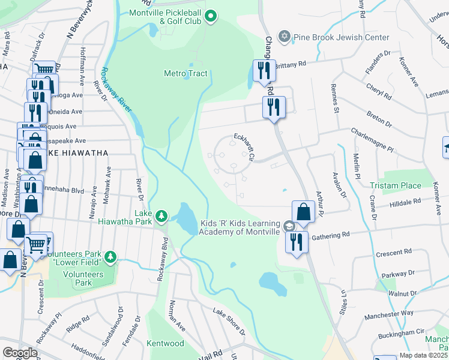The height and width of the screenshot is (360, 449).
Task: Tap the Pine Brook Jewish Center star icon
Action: [x=285, y=37]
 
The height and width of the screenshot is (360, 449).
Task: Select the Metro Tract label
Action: [x=185, y=73]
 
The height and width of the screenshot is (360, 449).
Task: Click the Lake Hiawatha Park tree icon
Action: [x=161, y=215]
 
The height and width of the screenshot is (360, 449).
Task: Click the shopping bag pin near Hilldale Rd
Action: [x=304, y=212]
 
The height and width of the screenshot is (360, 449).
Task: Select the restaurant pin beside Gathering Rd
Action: [x=297, y=242]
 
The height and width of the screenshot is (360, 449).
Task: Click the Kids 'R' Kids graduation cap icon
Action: [x=289, y=226]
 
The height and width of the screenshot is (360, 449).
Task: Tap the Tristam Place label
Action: [x=395, y=185]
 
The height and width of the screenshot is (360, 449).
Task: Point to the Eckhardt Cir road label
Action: [x=245, y=147]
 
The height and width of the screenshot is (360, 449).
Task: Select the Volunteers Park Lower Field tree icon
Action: [x=110, y=257]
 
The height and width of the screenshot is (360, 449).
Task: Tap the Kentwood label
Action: [x=165, y=344]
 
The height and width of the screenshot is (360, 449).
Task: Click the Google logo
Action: [x=20, y=353]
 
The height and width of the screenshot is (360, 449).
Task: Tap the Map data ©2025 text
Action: [x=424, y=355]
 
